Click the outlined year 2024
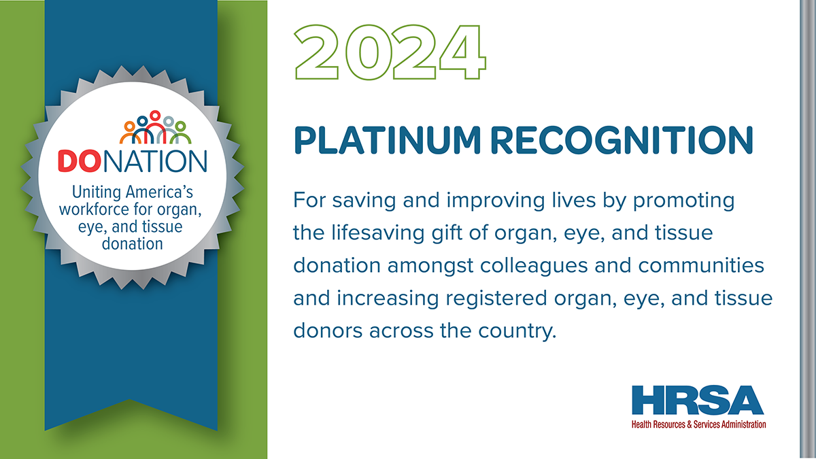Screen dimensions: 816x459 point(390,52)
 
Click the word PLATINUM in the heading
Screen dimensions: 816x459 point(388,140)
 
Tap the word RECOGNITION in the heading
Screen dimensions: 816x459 point(622,140)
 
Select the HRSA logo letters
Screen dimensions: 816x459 point(698,400)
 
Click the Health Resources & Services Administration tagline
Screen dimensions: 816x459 point(699,424)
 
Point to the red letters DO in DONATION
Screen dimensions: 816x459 point(79,161)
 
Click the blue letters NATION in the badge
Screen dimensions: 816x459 point(155,161)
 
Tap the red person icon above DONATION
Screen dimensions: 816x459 point(155,126)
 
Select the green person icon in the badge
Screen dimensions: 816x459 point(180,132)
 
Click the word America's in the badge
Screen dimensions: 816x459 point(159,192)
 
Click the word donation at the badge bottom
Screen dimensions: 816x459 point(132,243)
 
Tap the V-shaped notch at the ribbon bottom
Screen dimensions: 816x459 point(130,400)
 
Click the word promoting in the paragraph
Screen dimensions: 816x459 point(683,201)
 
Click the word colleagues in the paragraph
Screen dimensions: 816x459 point(534,266)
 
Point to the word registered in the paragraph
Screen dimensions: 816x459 point(496,299)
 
